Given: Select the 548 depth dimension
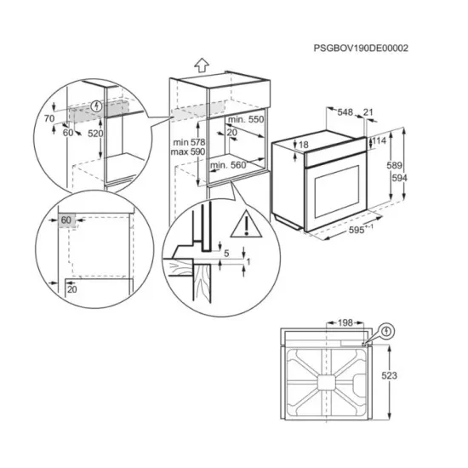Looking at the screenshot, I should click(345, 111).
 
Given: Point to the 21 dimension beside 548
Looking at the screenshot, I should click(368, 111).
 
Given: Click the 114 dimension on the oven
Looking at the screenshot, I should click(379, 140).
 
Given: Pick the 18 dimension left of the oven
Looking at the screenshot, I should click(304, 146).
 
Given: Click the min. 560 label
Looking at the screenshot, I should click(229, 164).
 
